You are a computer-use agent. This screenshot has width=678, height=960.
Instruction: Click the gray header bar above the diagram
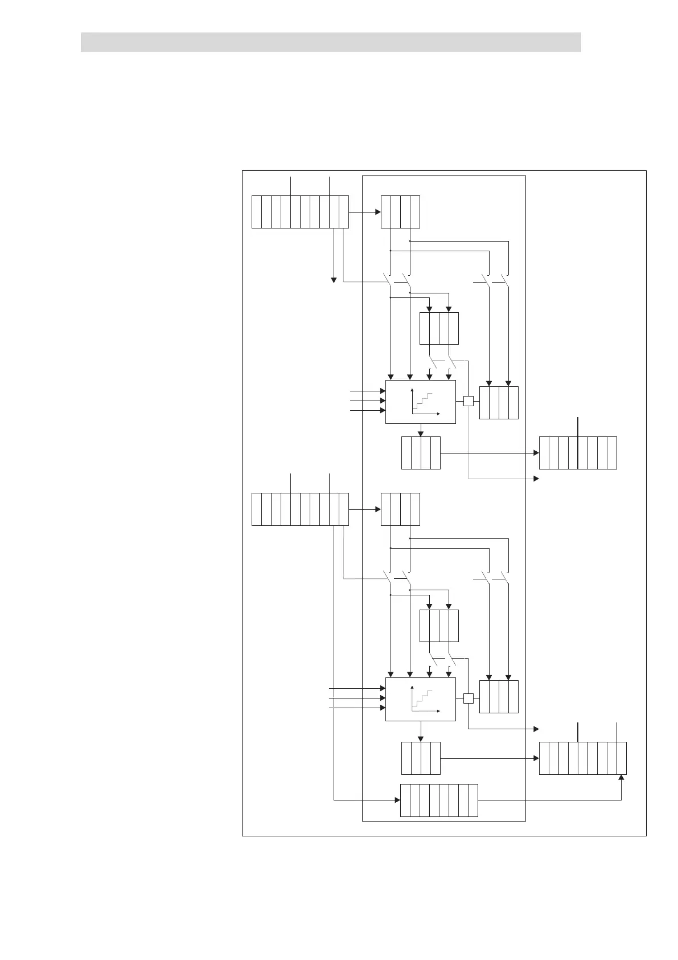[330, 42]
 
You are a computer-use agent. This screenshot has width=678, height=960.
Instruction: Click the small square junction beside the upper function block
[468, 401]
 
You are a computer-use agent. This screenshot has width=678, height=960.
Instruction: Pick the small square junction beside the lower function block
[468, 698]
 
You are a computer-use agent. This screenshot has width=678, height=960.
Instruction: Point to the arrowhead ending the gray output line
[536, 479]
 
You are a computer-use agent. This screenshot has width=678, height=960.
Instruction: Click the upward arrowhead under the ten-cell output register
[621, 778]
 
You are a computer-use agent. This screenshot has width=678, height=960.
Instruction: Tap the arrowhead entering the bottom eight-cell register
[397, 800]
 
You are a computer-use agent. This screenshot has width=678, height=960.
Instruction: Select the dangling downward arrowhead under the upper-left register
[334, 279]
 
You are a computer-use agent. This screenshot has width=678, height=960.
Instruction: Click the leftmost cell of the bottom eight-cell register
[405, 800]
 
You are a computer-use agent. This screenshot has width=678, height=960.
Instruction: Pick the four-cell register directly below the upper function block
[421, 452]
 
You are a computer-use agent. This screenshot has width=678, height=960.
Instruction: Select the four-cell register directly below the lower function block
[421, 758]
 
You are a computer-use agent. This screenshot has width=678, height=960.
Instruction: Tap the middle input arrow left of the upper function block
[382, 401]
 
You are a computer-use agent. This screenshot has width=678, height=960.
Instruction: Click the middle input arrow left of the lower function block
[382, 698]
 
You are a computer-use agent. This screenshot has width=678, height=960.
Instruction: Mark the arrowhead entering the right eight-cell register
[536, 453]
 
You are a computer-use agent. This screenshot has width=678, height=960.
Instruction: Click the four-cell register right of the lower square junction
[499, 696]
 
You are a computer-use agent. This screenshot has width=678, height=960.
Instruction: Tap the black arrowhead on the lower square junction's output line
[536, 729]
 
